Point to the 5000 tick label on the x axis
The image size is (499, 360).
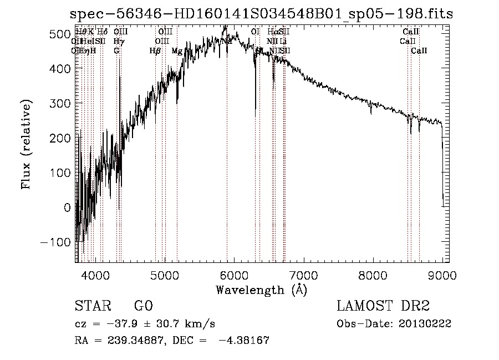165,275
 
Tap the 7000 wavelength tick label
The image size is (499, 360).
303,275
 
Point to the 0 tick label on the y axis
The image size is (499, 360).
68,207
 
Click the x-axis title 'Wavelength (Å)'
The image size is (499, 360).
261,290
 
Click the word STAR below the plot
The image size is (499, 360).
92,306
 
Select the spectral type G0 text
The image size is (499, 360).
143,306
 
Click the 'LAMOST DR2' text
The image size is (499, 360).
383,306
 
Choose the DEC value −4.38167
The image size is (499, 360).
246,341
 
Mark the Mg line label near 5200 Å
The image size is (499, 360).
177,50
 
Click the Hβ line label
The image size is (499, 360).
155,50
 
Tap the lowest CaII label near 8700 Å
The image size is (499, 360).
419,50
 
